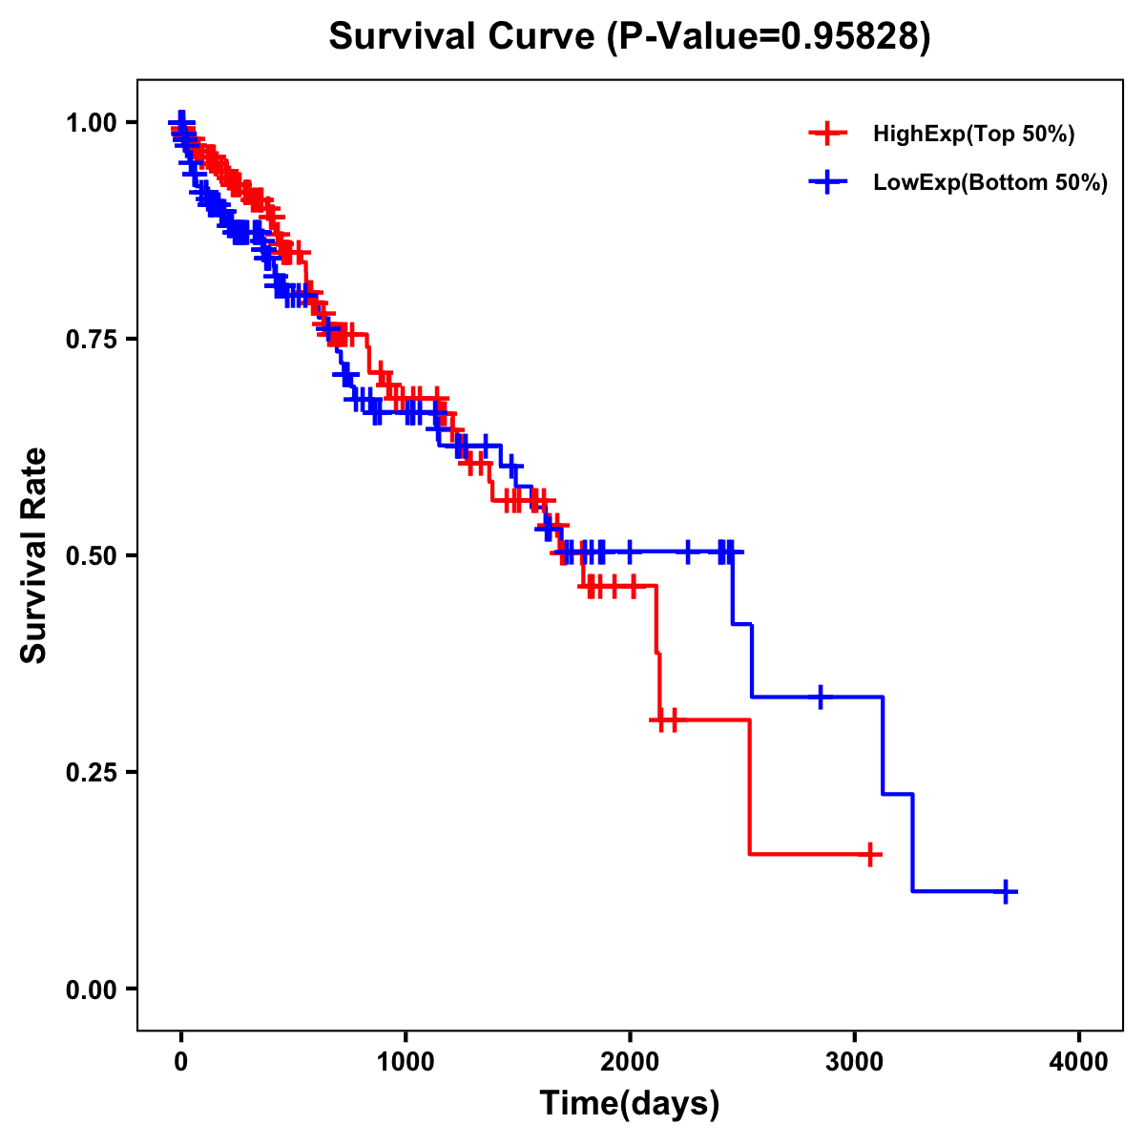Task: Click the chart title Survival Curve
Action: (464, 36)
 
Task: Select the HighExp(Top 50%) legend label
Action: (973, 135)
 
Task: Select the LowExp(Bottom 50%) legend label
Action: (990, 182)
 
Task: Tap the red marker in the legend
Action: (827, 135)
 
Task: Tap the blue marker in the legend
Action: (827, 182)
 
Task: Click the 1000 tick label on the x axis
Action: (406, 1063)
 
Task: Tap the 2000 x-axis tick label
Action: (630, 1063)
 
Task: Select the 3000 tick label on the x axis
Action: (855, 1063)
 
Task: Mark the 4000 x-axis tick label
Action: (1079, 1063)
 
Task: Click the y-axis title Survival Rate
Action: (34, 555)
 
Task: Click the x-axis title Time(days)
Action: (630, 1104)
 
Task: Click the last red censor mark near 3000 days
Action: (870, 854)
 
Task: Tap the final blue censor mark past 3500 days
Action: (1006, 891)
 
